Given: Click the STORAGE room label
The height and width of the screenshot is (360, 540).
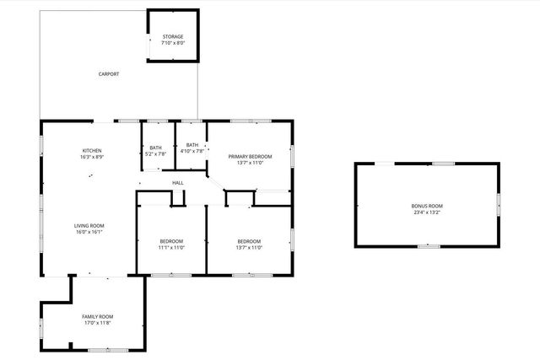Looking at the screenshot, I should (173, 37).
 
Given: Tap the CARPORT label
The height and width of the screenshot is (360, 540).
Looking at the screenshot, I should (109, 74).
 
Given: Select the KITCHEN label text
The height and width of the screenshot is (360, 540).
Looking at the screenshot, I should (92, 151).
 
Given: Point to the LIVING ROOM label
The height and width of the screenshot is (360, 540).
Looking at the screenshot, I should (89, 225).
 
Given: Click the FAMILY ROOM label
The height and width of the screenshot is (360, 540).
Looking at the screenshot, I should (98, 316).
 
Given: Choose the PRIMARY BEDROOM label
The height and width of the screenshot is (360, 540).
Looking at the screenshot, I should (250, 157).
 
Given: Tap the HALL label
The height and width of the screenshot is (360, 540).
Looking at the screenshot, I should (178, 183).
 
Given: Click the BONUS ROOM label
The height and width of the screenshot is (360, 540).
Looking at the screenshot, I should (427, 206).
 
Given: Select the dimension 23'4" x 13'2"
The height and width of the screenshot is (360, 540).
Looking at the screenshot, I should (427, 212).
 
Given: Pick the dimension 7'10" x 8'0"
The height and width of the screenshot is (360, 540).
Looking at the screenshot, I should (173, 43).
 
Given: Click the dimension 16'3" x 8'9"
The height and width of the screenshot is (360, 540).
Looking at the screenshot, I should (92, 158).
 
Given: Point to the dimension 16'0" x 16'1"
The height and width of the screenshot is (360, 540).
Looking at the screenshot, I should (89, 232).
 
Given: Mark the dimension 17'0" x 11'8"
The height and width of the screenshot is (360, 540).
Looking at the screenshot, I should (98, 323).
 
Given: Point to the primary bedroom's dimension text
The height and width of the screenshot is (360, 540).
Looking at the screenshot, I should (250, 163).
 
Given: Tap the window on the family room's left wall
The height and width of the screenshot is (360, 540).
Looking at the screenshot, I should (41, 326).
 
